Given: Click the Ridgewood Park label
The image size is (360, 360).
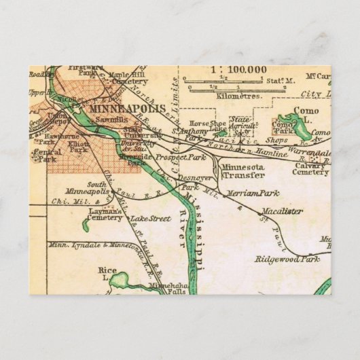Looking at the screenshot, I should click(x=287, y=259).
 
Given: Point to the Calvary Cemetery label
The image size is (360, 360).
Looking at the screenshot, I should click(x=311, y=168).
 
